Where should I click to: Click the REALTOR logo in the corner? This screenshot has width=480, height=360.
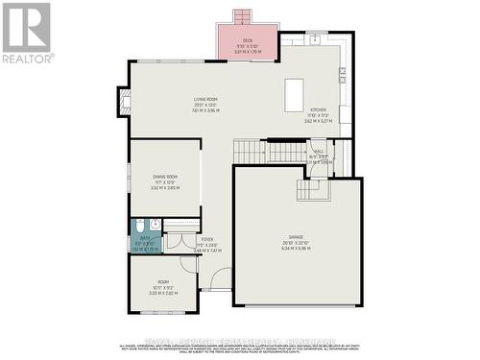click(27, 32)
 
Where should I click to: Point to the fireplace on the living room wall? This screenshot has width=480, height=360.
click(122, 102)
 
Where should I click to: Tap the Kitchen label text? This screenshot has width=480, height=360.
click(318, 111)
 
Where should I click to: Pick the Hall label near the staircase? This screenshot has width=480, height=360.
click(318, 152)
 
